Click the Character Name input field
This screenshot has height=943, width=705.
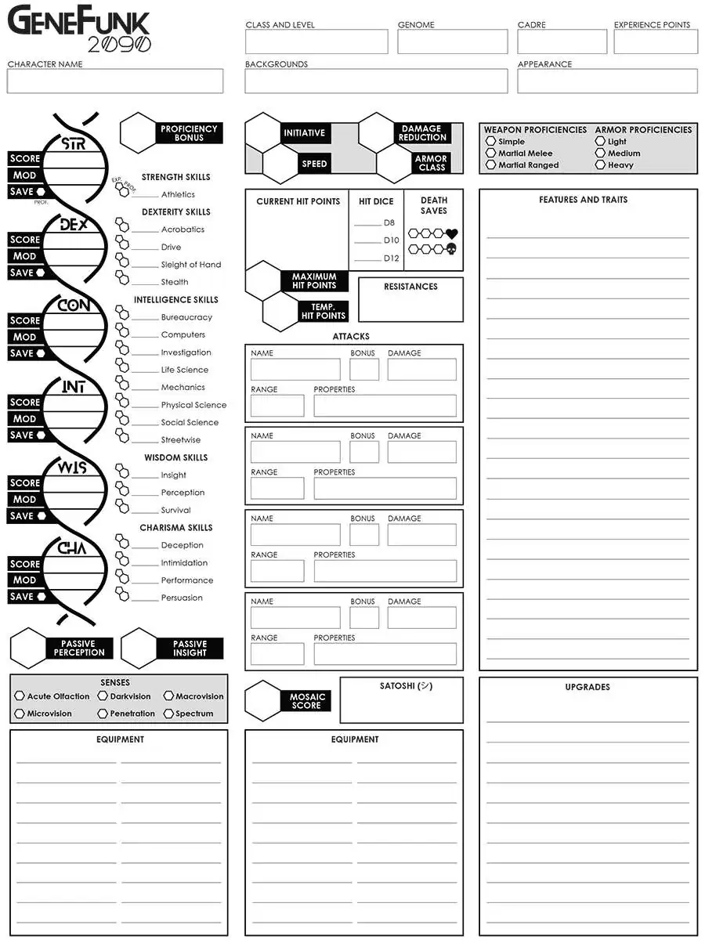(115, 81)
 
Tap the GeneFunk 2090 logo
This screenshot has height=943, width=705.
(78, 30)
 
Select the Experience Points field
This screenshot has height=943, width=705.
(655, 42)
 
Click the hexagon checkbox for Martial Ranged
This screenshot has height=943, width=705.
(491, 165)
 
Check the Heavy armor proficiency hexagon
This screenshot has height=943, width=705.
(601, 165)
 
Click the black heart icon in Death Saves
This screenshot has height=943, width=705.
(451, 233)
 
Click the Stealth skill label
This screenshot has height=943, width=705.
(175, 282)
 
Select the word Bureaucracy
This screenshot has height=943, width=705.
(186, 317)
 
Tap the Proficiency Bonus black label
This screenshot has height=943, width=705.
(189, 133)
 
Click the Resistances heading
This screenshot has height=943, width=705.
(410, 287)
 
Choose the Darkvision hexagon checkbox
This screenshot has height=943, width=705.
(103, 696)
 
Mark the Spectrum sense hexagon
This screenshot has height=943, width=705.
(168, 714)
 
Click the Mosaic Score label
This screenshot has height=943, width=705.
(306, 701)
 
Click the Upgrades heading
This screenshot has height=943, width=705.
(587, 687)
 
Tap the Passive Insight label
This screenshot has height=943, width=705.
(190, 649)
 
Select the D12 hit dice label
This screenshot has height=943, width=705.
(391, 258)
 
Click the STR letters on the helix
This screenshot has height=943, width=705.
(74, 145)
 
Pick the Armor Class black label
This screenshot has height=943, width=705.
(431, 163)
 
